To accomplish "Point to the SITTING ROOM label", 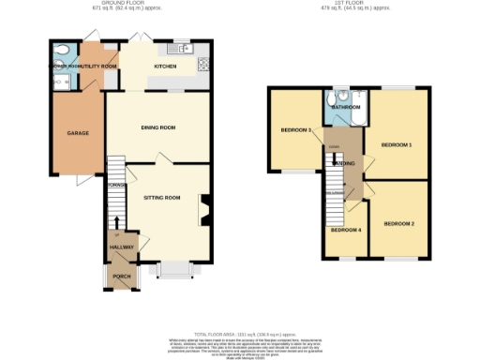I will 160,199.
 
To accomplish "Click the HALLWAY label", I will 122,247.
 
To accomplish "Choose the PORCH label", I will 122,277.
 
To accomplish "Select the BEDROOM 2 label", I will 398,223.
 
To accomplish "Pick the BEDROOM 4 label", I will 346,230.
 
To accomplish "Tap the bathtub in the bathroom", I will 359,106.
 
